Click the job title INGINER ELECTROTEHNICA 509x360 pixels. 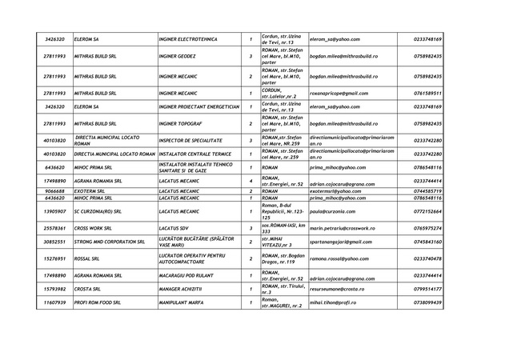point(190,39)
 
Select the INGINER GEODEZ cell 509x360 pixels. point(180,57)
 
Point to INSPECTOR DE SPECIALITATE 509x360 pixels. point(193,141)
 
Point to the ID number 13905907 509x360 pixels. point(54,211)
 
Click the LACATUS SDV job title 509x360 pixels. point(177,229)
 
